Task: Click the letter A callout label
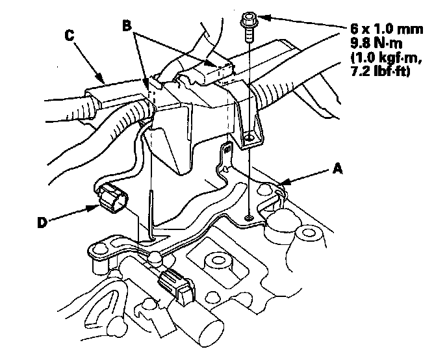point(337,169)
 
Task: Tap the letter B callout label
point(127,25)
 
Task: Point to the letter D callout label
point(42,222)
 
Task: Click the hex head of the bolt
point(249,19)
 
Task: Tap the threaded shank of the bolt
point(249,34)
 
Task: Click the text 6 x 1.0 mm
point(387,29)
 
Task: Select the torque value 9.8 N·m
point(376,44)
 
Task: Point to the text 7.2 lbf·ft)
point(380,71)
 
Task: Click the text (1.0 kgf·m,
point(386,58)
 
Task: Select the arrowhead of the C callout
point(99,77)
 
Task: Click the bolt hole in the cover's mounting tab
point(249,138)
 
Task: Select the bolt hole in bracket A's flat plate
point(249,218)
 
